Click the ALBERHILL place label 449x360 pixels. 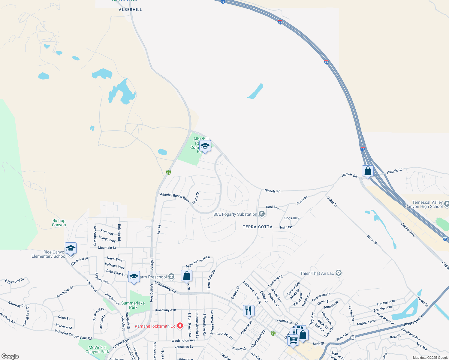click(130, 10)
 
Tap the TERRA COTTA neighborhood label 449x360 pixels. click(258, 227)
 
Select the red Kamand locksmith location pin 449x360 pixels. click(180, 325)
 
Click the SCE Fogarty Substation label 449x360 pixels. click(235, 214)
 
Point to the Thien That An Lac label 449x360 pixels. click(317, 273)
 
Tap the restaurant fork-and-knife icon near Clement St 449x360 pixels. click(249, 311)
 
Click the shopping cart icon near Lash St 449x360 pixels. click(293, 340)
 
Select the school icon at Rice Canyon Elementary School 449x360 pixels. click(71, 248)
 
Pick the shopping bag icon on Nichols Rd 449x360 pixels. click(368, 171)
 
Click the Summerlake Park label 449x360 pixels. click(133, 305)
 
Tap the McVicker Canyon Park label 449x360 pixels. click(97, 349)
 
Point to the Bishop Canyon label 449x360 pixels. click(59, 223)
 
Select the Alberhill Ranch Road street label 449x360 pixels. click(175, 197)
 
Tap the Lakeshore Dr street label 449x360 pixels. click(165, 287)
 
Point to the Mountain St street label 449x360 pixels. click(107, 248)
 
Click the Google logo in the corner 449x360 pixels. click(10, 356)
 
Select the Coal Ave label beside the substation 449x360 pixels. click(272, 207)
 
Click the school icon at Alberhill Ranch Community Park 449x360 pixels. click(205, 146)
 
